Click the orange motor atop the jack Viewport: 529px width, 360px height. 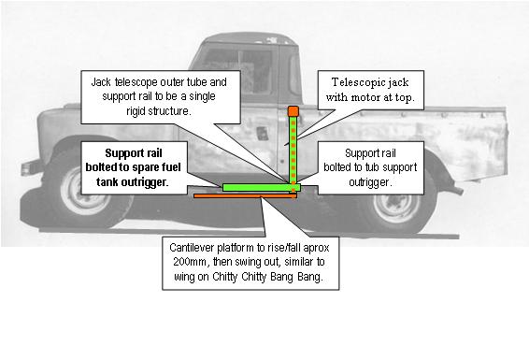[x=293, y=111]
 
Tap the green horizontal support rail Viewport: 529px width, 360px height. [x=261, y=188]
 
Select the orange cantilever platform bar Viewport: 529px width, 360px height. [x=245, y=195]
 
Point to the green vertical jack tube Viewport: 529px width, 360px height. [x=293, y=151]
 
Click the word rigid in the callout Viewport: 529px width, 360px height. [x=136, y=111]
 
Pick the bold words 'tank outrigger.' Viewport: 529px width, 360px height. [x=133, y=181]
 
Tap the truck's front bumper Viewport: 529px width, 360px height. [x=32, y=167]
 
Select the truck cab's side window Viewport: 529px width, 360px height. [x=238, y=71]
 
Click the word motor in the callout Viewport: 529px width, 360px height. [x=365, y=98]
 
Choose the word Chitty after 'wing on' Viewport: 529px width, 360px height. [x=225, y=277]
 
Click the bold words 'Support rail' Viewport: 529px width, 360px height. [x=134, y=153]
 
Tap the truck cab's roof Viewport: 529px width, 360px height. [x=250, y=38]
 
